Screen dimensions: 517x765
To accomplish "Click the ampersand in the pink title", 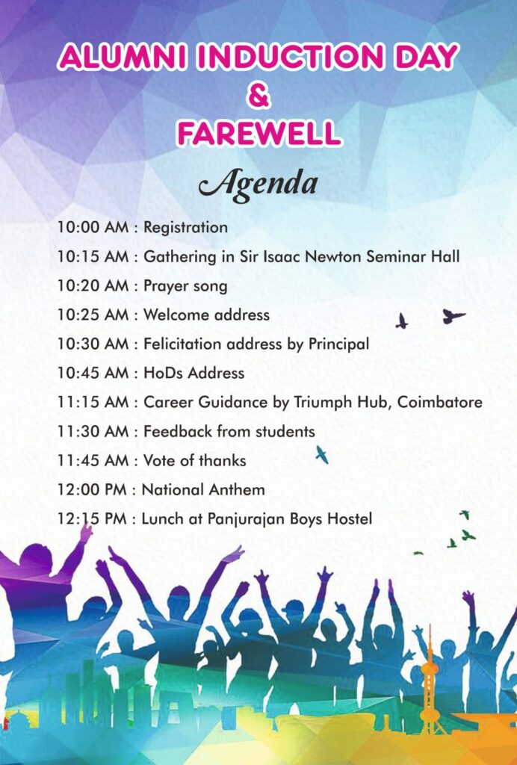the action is click(x=258, y=96).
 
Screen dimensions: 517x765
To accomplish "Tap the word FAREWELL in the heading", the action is click(x=258, y=134).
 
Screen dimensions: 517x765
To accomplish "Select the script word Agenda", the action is click(x=258, y=185).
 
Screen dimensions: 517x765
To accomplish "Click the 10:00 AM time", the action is click(x=93, y=227).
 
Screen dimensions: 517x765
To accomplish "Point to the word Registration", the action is click(x=185, y=228).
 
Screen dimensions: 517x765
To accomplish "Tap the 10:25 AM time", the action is click(x=93, y=315).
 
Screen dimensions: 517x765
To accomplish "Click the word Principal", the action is click(x=338, y=344).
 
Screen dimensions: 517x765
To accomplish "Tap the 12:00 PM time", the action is click(x=92, y=489).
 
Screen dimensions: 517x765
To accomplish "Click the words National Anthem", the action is click(x=203, y=489).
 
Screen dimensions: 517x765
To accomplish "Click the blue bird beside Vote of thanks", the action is click(x=322, y=454).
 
